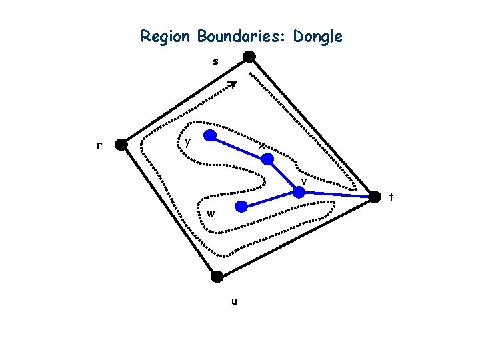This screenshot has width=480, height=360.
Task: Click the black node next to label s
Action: [248, 57]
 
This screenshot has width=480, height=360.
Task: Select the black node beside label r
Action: [121, 144]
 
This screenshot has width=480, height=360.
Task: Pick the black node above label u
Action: [217, 276]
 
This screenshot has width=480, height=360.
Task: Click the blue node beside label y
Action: [209, 137]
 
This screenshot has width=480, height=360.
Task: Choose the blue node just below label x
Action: [267, 159]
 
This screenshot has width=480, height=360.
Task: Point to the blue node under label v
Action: [299, 192]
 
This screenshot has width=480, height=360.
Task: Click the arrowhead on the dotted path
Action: [233, 85]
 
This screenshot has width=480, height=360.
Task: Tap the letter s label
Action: [215, 62]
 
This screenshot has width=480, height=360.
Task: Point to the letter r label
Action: [99, 145]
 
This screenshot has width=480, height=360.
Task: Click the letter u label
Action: [233, 301]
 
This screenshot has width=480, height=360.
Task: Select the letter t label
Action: [391, 197]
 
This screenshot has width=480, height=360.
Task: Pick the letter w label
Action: [211, 214]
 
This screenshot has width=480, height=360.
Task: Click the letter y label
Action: [189, 141]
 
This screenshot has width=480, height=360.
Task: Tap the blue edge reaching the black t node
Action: [337, 194]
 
